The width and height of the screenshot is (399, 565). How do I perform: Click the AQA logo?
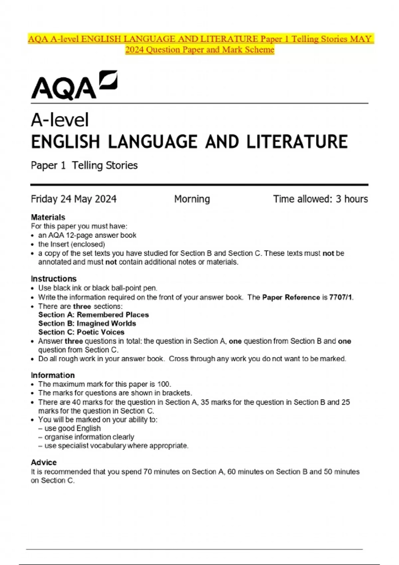pos(74,85)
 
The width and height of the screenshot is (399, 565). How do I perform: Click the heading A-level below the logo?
pos(60,120)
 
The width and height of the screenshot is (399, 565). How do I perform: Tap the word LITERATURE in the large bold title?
pos(297,142)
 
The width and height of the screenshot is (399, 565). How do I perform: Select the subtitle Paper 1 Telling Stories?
pos(84,165)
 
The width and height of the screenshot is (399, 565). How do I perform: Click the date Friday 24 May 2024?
pos(73,199)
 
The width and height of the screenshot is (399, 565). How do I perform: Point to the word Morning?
pos(192,199)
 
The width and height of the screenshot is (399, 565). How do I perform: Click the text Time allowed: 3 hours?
pos(320,199)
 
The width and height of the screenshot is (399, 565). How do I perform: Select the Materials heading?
pos(48,217)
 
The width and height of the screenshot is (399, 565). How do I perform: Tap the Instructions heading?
pos(54,279)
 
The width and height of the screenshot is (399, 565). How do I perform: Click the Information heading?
pos(53,375)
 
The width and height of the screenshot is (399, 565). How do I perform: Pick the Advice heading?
pos(44,462)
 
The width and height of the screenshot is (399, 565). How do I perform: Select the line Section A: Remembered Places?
pos(93,315)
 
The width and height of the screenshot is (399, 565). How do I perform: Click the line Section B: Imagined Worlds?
pos(87,323)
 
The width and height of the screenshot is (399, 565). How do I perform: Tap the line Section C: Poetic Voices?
pos(81,332)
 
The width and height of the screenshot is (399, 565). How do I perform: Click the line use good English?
pos(72,428)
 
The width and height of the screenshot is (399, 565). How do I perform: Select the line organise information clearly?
pos(89,437)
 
